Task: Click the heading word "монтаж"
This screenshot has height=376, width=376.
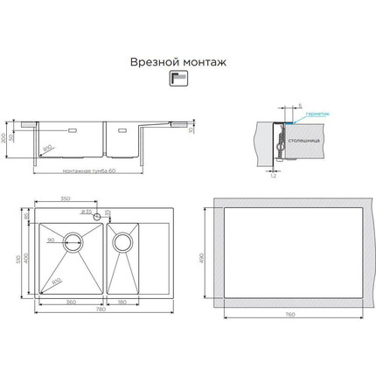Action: [205, 63]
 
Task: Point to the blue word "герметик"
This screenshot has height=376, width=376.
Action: [319, 114]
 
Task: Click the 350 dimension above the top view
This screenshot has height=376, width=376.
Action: [66, 199]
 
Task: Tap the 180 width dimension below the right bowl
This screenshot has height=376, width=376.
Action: [122, 302]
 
